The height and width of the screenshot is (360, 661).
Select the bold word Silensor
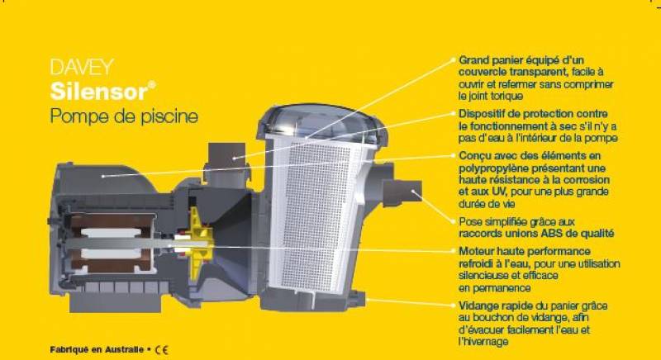(x=89, y=90)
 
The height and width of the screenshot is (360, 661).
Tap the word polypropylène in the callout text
(x=494, y=168)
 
